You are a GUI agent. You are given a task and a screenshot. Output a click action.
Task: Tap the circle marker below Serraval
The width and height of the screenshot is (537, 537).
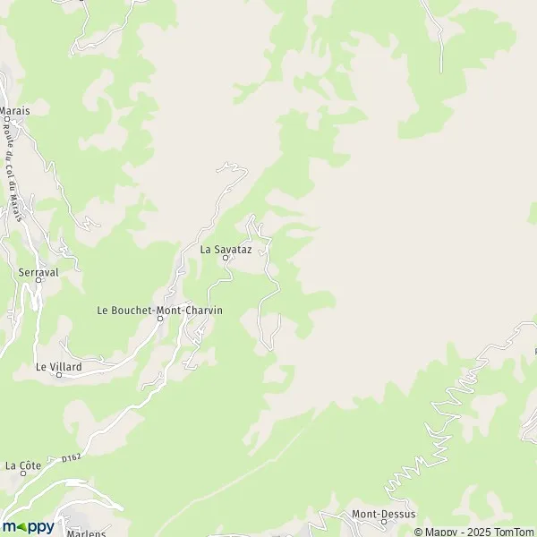point(38,280)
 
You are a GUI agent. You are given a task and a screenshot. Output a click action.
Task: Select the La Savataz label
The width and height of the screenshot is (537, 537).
point(226,249)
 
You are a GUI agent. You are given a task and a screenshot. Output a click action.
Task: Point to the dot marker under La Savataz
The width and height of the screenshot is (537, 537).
point(226,259)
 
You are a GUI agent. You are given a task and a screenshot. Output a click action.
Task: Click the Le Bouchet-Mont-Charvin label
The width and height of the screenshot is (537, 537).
point(159,310)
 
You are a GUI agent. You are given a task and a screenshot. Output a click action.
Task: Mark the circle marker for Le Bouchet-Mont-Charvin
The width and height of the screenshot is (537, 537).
point(160,320)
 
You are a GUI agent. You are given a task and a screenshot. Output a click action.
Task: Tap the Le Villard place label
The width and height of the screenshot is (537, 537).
point(59,366)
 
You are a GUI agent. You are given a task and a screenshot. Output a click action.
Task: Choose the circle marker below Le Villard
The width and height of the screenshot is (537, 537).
point(59,375)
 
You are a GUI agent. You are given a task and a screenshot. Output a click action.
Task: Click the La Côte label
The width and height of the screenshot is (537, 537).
point(23,465)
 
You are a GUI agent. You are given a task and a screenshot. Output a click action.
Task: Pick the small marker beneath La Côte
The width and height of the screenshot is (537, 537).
point(23,475)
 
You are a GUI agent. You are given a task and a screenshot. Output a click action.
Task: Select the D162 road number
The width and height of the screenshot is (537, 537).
point(72,458)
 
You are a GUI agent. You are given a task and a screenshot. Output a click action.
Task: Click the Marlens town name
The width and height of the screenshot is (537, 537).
point(88,533)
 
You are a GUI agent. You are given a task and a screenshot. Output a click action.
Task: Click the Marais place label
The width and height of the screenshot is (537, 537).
point(14,111)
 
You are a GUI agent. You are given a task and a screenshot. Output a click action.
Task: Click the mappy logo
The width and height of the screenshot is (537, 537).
point(29,526)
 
